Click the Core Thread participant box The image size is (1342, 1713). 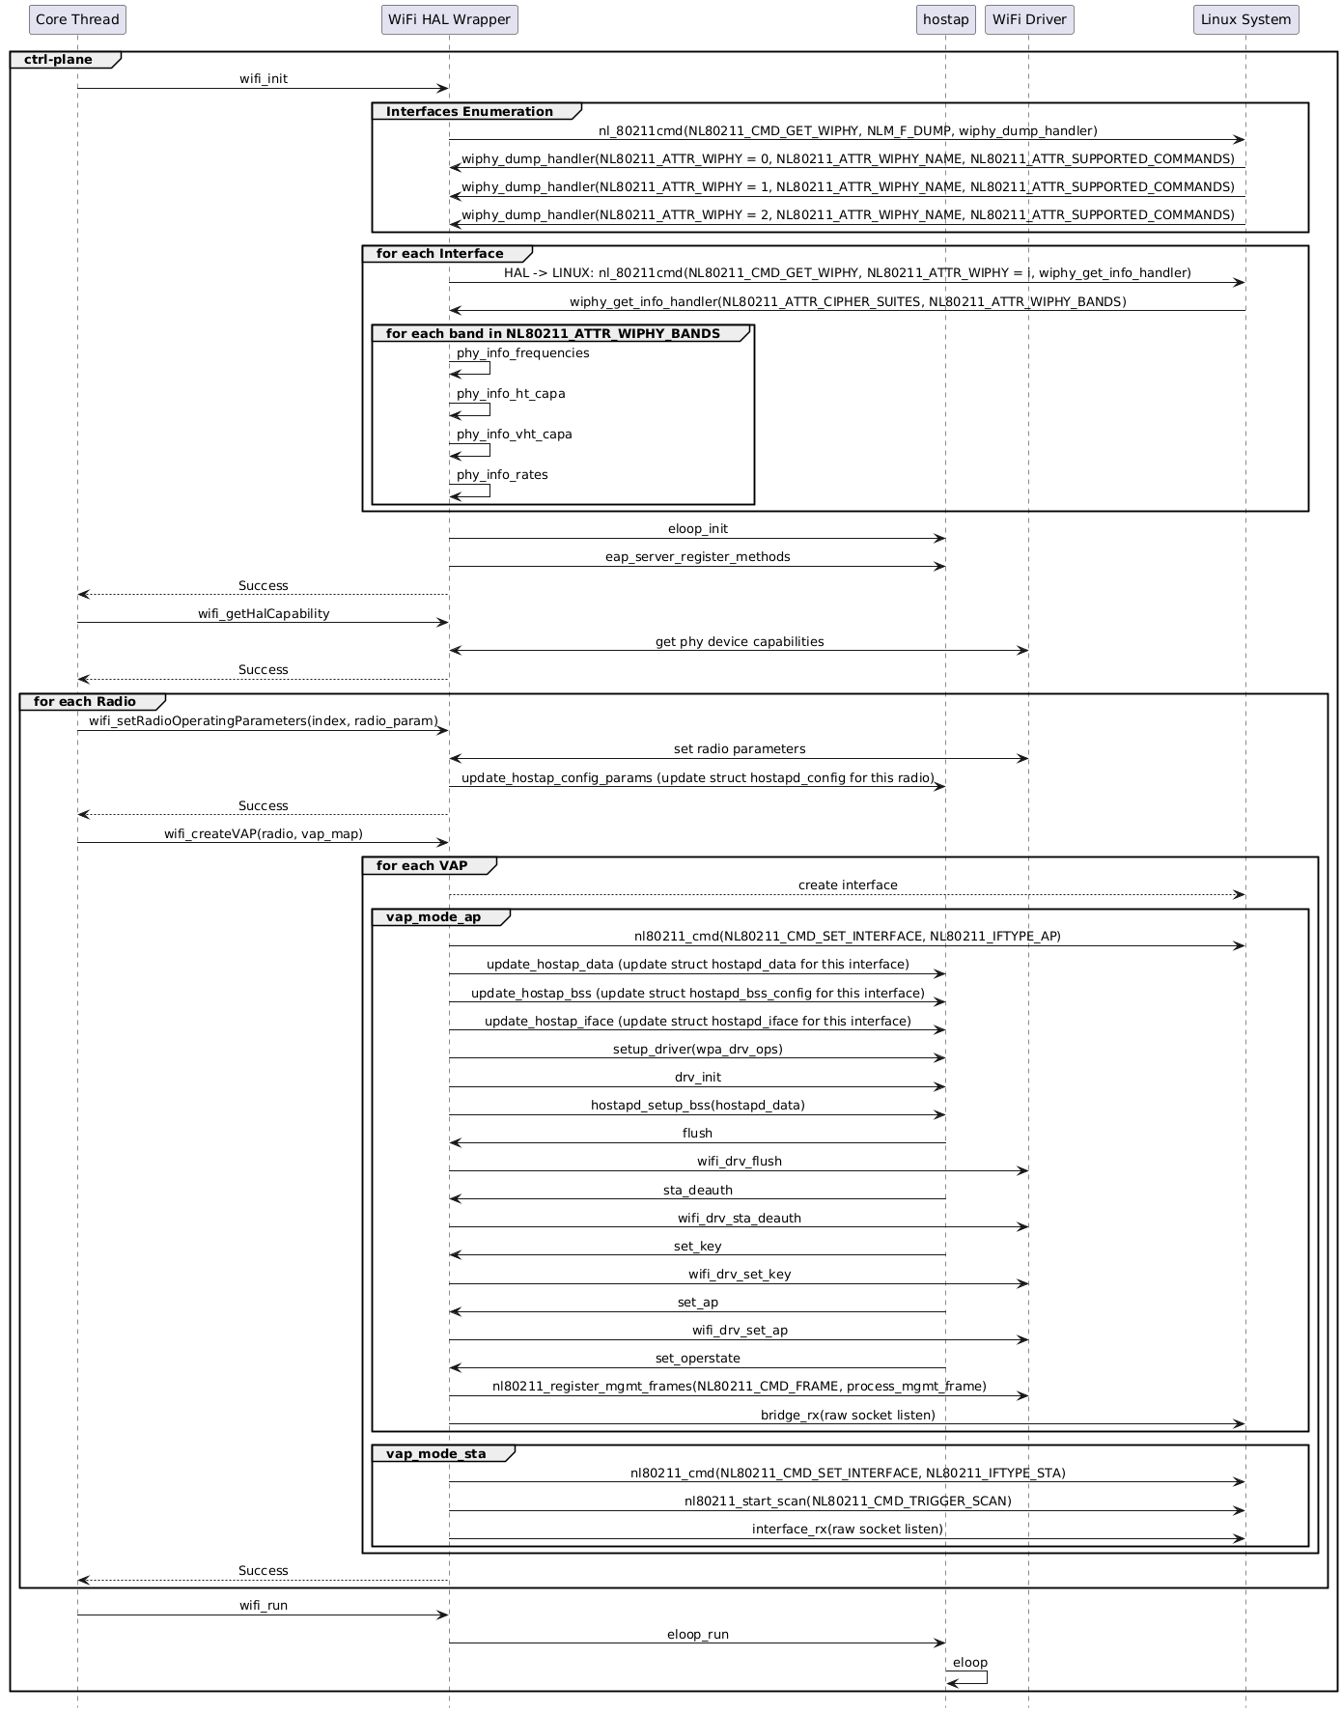(x=77, y=19)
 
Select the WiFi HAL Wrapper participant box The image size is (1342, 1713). (x=449, y=19)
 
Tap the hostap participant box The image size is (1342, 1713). (x=945, y=19)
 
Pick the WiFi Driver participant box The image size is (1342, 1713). (x=1028, y=19)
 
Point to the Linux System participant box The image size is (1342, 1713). (x=1245, y=19)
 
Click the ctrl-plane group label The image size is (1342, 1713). (x=58, y=60)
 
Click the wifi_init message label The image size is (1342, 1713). (x=264, y=79)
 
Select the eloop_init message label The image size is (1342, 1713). (x=697, y=529)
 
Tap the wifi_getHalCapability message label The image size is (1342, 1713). (x=264, y=614)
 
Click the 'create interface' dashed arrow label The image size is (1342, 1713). (x=847, y=885)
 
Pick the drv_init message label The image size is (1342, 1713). (x=697, y=1078)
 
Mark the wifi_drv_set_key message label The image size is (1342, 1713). (x=740, y=1275)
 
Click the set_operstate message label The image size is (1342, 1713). (x=697, y=1359)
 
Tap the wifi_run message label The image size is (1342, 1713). (x=264, y=1606)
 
